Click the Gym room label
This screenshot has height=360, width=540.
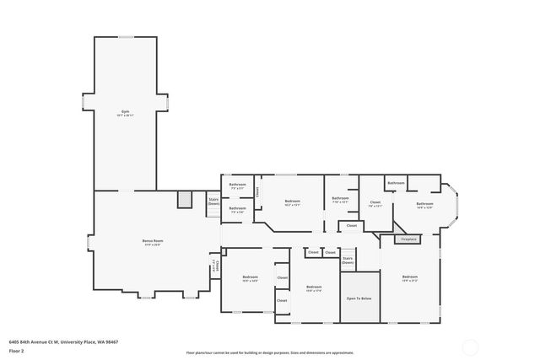point(125,112)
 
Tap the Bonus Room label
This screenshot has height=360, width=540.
point(152,242)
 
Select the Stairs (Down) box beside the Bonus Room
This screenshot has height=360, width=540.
point(213,202)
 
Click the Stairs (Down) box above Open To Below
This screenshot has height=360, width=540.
point(348,261)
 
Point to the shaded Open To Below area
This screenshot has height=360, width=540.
point(359,298)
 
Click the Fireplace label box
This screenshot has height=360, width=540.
point(408,239)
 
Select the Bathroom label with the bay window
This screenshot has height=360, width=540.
point(424,204)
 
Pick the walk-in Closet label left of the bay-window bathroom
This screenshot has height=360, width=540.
point(375,203)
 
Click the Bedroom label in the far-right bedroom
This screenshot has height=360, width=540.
point(410,277)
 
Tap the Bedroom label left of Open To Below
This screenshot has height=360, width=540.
point(314,287)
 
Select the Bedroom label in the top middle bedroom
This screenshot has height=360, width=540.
point(292,201)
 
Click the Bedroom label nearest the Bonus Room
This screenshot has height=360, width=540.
point(250,277)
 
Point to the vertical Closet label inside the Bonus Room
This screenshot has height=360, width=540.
point(216,266)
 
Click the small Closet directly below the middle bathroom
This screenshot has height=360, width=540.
point(351,226)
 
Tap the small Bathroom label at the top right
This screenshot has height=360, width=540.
point(396,183)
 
